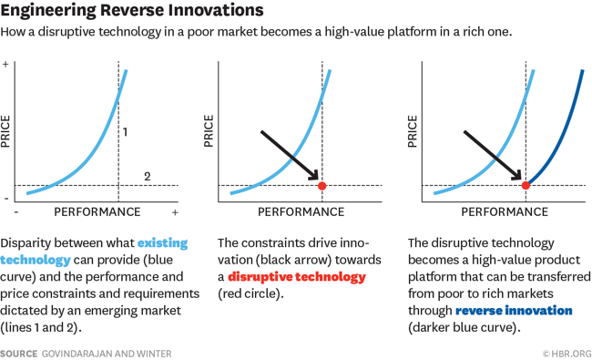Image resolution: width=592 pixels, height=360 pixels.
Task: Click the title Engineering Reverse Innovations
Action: point(133,11)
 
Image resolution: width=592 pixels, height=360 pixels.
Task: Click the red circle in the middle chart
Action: point(322,186)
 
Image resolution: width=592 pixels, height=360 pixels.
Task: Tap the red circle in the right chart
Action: point(526,186)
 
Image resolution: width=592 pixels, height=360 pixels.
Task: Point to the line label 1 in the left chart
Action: point(125,132)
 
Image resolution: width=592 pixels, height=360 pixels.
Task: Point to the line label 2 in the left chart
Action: point(148,176)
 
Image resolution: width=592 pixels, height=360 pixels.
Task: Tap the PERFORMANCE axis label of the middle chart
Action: point(301,212)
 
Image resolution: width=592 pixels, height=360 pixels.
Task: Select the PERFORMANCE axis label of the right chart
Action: point(505,212)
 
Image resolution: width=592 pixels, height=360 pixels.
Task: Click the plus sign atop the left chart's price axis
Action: point(6,65)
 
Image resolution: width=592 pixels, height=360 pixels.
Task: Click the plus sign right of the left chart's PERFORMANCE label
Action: point(175,212)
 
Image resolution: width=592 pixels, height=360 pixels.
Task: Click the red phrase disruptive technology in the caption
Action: point(296,276)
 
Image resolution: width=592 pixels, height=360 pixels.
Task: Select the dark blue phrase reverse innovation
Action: point(514,311)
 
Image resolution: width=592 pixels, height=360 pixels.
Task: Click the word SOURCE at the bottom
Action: point(18,353)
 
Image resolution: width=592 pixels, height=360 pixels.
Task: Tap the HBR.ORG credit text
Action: point(566,353)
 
